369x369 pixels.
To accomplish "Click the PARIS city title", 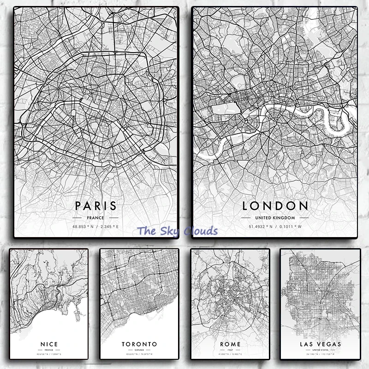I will pyautogui.click(x=96, y=205).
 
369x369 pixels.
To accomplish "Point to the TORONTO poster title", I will pyautogui.click(x=139, y=344).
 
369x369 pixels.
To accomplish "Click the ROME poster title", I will pyautogui.click(x=230, y=344).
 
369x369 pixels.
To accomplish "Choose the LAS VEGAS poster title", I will pyautogui.click(x=320, y=344).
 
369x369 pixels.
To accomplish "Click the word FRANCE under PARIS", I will pyautogui.click(x=96, y=217).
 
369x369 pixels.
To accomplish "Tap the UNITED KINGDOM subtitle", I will pyautogui.click(x=275, y=217).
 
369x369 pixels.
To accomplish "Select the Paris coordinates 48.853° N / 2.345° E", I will pyautogui.click(x=96, y=226).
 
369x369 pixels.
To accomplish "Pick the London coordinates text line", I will pyautogui.click(x=275, y=226).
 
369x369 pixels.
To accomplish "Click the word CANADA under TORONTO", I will pyautogui.click(x=139, y=350).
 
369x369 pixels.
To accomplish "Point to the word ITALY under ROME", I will pyautogui.click(x=230, y=350).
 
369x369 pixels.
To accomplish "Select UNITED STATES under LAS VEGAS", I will pyautogui.click(x=320, y=350).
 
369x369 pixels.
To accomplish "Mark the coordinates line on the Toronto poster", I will pyautogui.click(x=139, y=355).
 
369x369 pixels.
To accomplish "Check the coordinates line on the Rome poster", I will pyautogui.click(x=230, y=355).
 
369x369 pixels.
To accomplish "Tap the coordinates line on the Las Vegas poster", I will pyautogui.click(x=320, y=355).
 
